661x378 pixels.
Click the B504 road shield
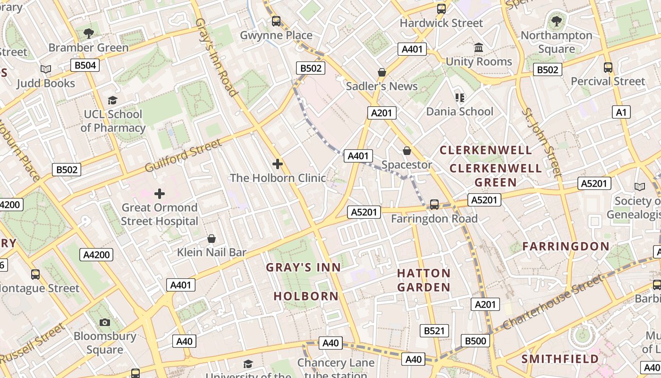pyautogui.click(x=85, y=65)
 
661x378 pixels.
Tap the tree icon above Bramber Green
pyautogui.click(x=88, y=33)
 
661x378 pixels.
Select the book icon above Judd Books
pyautogui.click(x=46, y=69)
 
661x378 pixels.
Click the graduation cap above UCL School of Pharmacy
pyautogui.click(x=112, y=100)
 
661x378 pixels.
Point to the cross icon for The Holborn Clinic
pyautogui.click(x=278, y=164)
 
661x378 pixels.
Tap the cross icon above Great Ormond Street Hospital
pyautogui.click(x=160, y=193)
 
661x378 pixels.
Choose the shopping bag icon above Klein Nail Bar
pyautogui.click(x=212, y=239)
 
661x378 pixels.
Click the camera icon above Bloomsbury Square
pyautogui.click(x=105, y=322)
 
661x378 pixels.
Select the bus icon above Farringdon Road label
pyautogui.click(x=434, y=205)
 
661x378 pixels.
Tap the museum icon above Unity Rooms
pyautogui.click(x=479, y=48)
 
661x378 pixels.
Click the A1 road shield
pyautogui.click(x=621, y=112)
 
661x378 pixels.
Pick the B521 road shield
pyautogui.click(x=434, y=331)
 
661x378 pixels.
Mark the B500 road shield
pyautogui.click(x=475, y=341)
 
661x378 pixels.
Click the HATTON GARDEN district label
pyautogui.click(x=424, y=280)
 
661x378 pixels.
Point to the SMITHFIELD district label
pyautogui.click(x=560, y=359)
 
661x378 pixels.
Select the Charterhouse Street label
pyautogui.click(x=553, y=302)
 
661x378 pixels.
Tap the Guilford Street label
pyautogui.click(x=183, y=155)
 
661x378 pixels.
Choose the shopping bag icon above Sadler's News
pyautogui.click(x=381, y=72)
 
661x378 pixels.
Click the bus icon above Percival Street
pyautogui.click(x=608, y=68)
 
